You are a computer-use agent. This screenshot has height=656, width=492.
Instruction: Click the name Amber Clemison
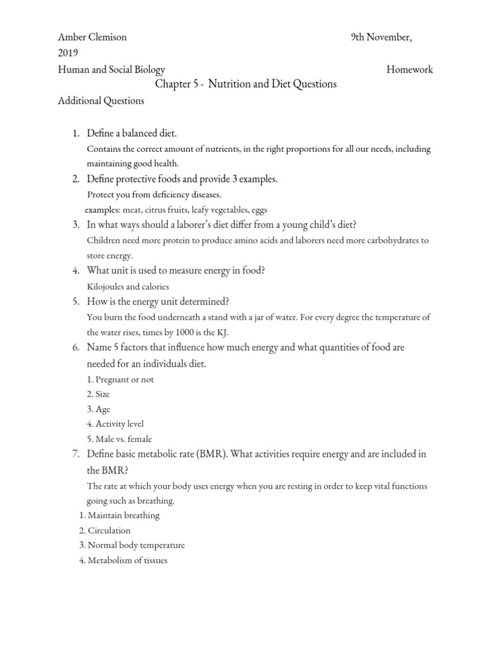92,37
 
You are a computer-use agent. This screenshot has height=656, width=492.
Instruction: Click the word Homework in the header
409,70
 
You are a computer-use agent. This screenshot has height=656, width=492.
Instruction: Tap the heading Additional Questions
101,101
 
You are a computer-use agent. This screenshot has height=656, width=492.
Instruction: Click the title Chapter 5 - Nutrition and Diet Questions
245,85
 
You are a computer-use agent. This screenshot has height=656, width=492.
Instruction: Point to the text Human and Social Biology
111,70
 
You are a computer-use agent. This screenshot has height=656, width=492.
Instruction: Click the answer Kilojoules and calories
127,286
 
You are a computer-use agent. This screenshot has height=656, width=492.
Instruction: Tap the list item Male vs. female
120,439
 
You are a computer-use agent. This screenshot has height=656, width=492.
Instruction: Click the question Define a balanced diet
131,133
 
